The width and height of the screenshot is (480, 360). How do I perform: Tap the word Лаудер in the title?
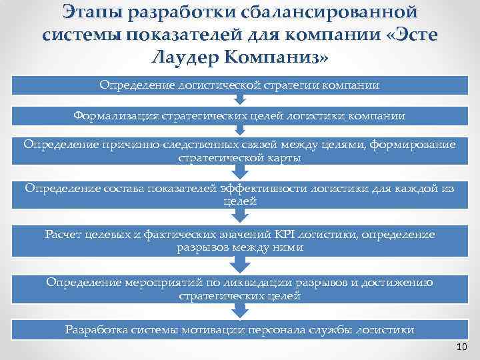point(188,58)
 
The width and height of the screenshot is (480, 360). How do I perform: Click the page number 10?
point(462,347)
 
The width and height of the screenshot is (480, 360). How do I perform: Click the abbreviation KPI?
point(281,235)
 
